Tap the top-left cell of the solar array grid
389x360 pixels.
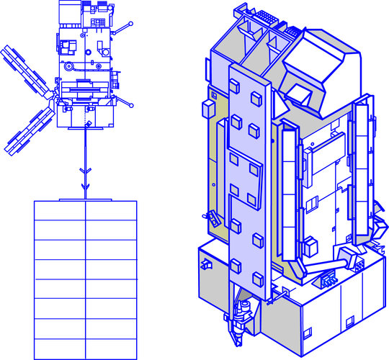[60, 210]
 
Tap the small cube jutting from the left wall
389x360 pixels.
[206, 108]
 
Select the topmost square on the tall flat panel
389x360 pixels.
[256, 97]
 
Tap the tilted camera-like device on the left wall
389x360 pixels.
[212, 218]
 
